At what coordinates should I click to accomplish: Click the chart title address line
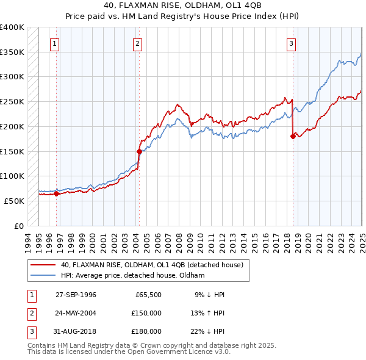pyautogui.click(x=182, y=6)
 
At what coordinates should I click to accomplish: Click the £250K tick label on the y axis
pyautogui.click(x=12, y=101)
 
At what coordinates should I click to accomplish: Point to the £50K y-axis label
pyautogui.click(x=14, y=201)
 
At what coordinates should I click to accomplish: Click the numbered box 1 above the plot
pyautogui.click(x=55, y=43)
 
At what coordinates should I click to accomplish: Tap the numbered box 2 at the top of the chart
pyautogui.click(x=138, y=43)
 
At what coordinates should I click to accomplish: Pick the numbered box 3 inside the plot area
pyautogui.click(x=292, y=43)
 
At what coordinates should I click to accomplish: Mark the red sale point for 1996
pyautogui.click(x=56, y=193)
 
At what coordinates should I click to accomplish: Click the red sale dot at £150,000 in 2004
pyautogui.click(x=139, y=151)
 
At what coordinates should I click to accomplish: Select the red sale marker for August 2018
pyautogui.click(x=293, y=137)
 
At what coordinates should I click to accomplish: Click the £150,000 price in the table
pyautogui.click(x=146, y=313)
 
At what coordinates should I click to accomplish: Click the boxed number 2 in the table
pyautogui.click(x=30, y=313)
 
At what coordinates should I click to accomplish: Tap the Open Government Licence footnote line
pyautogui.click(x=129, y=352)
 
